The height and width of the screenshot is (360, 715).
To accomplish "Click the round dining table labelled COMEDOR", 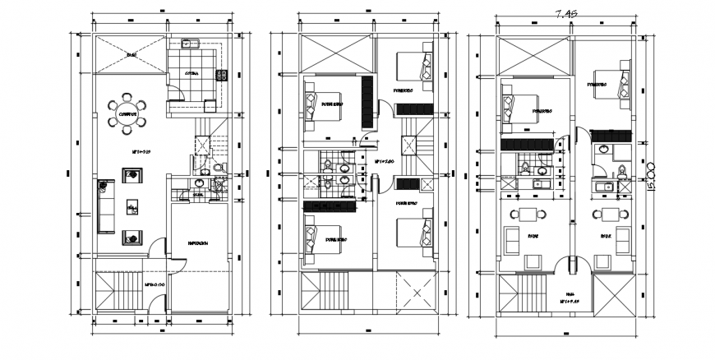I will coord(127,114).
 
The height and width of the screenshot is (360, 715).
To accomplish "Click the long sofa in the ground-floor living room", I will coord(104,206).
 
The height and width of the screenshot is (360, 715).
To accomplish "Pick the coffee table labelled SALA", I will coord(131,207).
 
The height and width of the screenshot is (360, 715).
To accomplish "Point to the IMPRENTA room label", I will coord(197,243).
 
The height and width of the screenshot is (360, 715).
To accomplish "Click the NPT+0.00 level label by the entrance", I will coord(155,285).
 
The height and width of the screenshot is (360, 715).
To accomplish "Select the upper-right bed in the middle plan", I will coord(415,69).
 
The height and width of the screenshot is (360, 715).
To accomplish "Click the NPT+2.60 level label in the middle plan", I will coord(385,162).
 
